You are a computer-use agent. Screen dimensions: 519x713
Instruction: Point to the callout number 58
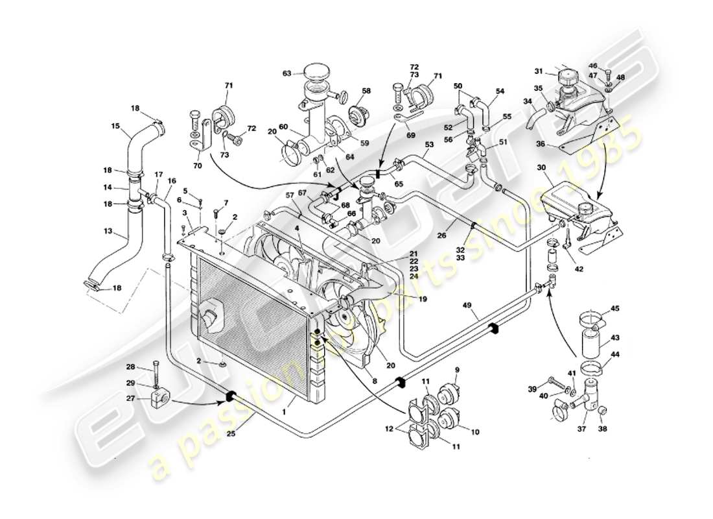pyautogui.click(x=366, y=91)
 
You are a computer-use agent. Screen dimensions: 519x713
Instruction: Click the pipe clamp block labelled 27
pyautogui.click(x=161, y=397)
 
